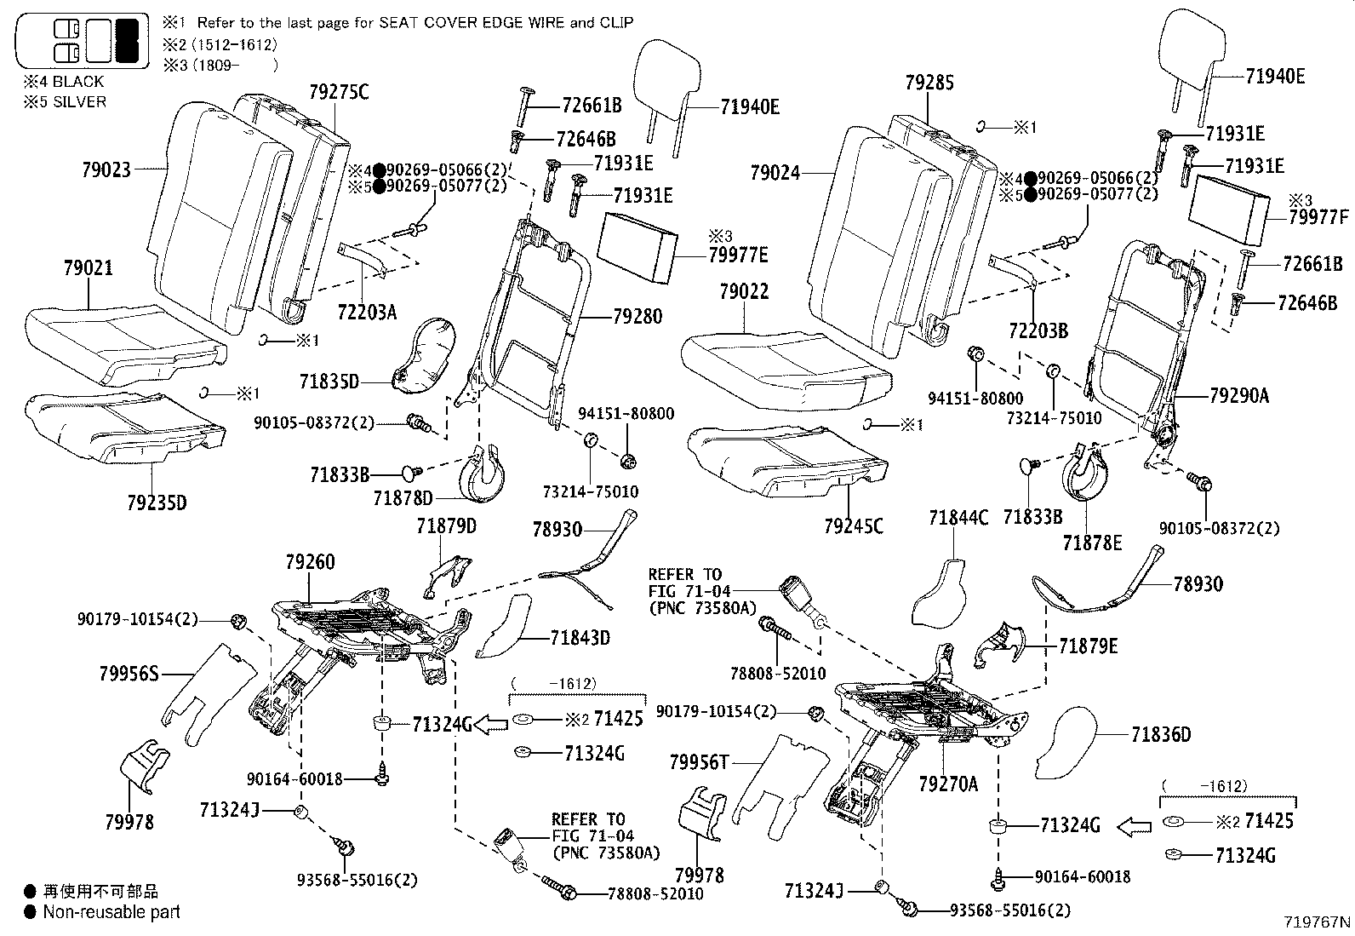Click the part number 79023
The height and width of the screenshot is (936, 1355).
(x=106, y=169)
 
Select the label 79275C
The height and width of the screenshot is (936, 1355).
(x=339, y=92)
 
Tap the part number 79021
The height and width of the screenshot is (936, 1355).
(x=88, y=267)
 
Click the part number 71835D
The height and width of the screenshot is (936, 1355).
(x=329, y=381)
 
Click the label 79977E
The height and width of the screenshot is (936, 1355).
(x=738, y=254)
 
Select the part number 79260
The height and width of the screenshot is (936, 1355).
(x=310, y=562)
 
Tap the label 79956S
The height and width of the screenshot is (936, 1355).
(x=129, y=675)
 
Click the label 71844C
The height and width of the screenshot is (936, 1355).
(x=958, y=517)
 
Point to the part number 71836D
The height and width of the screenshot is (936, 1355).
(x=1161, y=734)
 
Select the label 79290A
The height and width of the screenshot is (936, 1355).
(x=1239, y=395)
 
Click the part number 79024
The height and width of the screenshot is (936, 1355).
(x=775, y=173)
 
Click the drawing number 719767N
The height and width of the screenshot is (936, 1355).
(x=1318, y=922)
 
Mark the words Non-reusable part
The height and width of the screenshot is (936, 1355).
(x=111, y=912)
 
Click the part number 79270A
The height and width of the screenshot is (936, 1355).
(x=948, y=783)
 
